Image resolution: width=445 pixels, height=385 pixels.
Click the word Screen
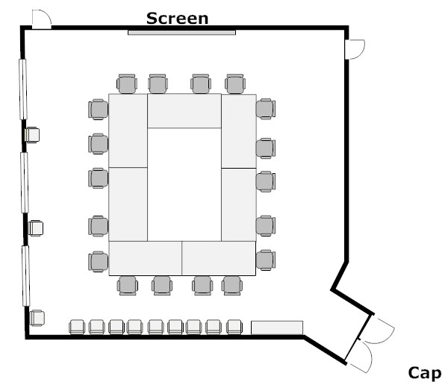pos(178,19)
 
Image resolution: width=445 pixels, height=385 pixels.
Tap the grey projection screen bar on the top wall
pos(181,33)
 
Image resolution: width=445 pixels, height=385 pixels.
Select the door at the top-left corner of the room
pos(41,19)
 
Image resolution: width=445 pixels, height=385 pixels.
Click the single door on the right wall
pos(355,49)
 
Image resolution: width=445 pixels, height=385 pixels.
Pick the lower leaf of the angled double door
pos(361,356)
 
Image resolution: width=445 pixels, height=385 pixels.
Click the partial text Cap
pos(425,374)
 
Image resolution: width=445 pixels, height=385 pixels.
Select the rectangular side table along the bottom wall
pos(277,328)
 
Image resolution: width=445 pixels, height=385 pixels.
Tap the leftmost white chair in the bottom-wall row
pos(77,327)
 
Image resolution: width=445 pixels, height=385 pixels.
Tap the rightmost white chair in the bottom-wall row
pos(234,327)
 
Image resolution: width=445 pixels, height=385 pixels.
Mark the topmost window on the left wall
pos(23,89)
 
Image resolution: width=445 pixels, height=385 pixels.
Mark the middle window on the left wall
pos(25,183)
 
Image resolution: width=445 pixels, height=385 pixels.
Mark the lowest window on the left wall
pos(26,276)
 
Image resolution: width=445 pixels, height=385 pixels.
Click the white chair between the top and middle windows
pos(32,135)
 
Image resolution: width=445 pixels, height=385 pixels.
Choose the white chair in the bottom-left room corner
pos(37,318)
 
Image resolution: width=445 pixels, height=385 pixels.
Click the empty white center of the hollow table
pos(184,184)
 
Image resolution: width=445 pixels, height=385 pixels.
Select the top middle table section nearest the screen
pos(184,111)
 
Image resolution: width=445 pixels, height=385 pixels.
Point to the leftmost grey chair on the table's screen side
pos(127,84)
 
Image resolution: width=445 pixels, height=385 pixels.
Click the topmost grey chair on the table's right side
pos(266,109)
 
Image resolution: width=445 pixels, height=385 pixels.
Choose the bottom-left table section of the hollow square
pos(146,258)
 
